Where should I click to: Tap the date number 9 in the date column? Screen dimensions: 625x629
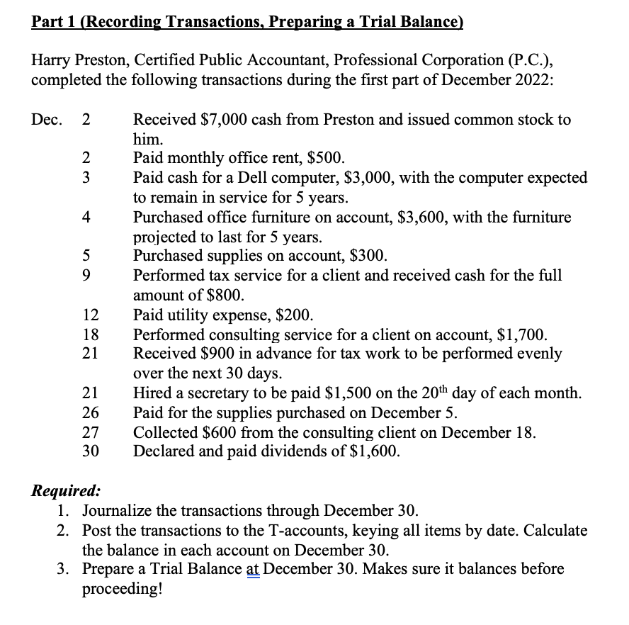[x=86, y=276]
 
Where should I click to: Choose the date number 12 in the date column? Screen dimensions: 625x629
[x=90, y=315]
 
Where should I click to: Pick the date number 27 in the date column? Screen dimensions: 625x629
[x=90, y=432]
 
